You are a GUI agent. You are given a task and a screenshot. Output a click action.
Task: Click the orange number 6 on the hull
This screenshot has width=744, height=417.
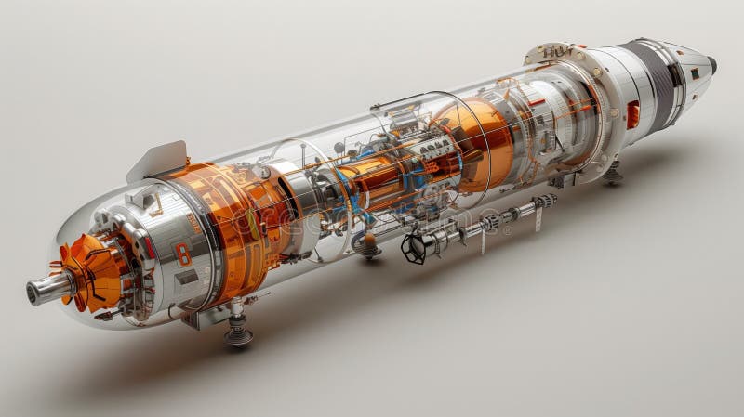pyautogui.click(x=182, y=253)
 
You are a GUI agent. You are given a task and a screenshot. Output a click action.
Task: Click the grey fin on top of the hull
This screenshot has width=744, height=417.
pyautogui.click(x=158, y=160)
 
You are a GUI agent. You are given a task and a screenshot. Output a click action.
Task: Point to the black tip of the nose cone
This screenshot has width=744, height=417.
pyautogui.click(x=712, y=64)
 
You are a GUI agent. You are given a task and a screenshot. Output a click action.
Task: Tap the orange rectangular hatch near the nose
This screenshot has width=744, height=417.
pyautogui.click(x=632, y=114)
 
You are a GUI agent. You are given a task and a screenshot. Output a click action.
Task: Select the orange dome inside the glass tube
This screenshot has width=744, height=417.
pyautogui.click(x=484, y=139)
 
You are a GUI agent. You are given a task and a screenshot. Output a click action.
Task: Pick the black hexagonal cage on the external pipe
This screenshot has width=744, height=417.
pyautogui.click(x=414, y=248)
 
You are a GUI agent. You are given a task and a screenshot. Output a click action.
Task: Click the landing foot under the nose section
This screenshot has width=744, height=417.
pyautogui.click(x=612, y=172)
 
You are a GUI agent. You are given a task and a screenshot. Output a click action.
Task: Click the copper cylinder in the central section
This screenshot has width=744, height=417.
pyautogui.click(x=391, y=176)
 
